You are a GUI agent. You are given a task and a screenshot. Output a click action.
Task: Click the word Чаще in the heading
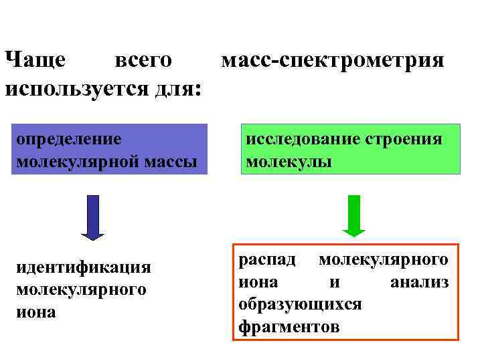tap(35, 60)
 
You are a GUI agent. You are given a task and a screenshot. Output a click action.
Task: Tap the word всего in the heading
tap(143, 60)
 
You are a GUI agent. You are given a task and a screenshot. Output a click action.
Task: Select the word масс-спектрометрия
tap(332, 62)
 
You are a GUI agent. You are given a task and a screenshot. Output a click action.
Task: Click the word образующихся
tap(300, 304)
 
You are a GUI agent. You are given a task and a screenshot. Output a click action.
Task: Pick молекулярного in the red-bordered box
tap(384, 259)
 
